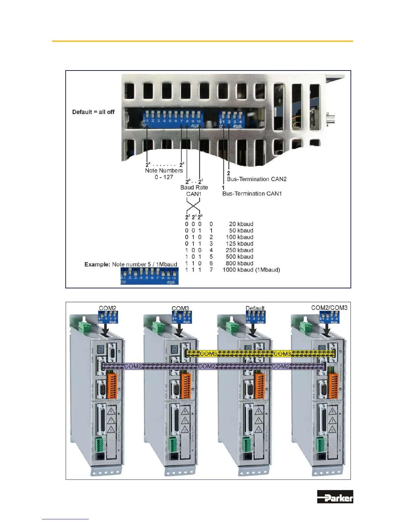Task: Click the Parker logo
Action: [335, 497]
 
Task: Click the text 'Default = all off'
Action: [93, 112]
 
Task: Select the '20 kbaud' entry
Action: [241, 224]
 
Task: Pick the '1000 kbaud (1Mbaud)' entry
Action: [251, 270]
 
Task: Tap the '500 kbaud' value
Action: [239, 257]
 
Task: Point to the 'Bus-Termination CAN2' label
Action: [256, 179]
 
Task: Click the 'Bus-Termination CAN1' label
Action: [252, 194]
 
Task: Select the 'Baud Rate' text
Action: [194, 188]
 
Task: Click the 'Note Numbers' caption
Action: [164, 171]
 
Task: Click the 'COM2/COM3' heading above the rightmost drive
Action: [329, 308]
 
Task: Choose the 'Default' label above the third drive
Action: [255, 308]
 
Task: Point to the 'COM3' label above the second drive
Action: [180, 308]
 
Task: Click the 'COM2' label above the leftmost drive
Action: [108, 308]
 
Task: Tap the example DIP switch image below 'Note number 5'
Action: [149, 276]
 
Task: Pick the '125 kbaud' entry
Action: [239, 244]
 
